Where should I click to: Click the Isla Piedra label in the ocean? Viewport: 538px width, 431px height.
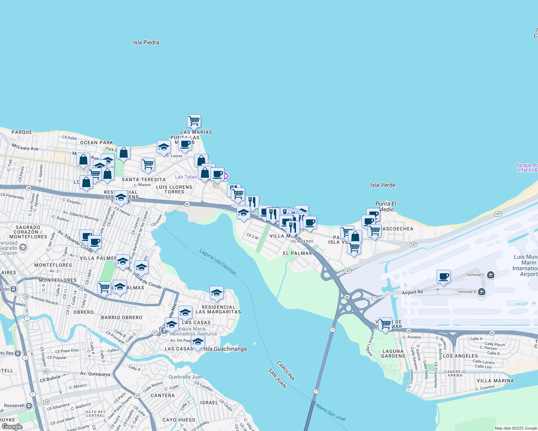tap(146, 42)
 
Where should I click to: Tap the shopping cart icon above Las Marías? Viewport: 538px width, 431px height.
tap(194, 121)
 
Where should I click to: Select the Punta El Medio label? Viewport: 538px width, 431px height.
tap(386, 207)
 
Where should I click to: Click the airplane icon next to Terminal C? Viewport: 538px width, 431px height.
tap(491, 275)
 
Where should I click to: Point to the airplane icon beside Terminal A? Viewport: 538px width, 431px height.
tap(482, 292)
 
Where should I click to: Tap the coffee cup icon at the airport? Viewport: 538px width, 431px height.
tap(444, 276)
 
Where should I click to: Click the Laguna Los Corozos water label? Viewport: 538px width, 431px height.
tap(218, 262)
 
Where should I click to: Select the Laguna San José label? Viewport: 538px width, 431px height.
tap(329, 411)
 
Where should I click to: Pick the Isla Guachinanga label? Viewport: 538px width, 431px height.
tap(225, 349)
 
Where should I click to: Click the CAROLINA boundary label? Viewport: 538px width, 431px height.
tap(286, 371)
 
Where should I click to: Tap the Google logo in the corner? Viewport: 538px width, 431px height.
tap(12, 427)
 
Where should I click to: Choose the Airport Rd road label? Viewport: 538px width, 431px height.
tap(412, 292)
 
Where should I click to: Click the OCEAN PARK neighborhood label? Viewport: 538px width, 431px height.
tap(96, 143)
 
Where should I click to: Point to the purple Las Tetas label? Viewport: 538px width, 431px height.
tap(186, 177)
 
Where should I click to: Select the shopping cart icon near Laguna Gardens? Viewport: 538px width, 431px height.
tap(385, 324)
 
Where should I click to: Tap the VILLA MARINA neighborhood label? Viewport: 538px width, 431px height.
tap(495, 381)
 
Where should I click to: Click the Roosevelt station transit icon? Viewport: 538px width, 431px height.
tap(29, 405)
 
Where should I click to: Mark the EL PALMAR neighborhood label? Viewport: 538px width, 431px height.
tap(297, 253)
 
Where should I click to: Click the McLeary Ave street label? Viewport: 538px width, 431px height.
tap(25, 148)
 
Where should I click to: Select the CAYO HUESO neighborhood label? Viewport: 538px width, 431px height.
tap(179, 420)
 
